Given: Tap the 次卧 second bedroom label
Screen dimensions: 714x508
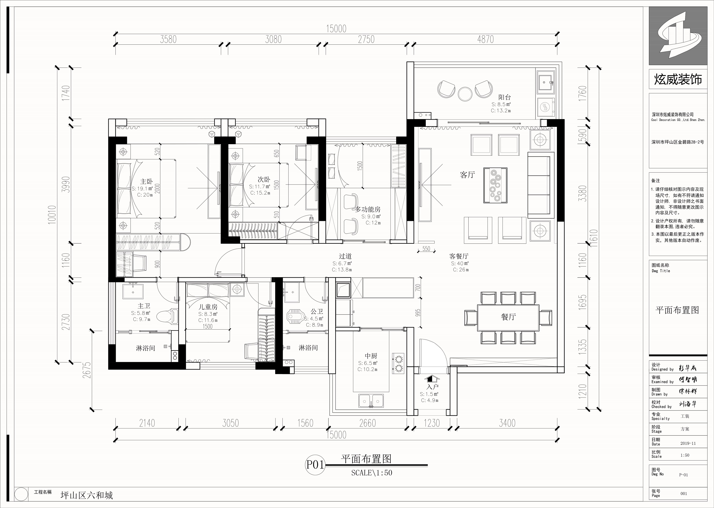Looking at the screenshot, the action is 264,179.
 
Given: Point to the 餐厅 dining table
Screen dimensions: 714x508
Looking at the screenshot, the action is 508,318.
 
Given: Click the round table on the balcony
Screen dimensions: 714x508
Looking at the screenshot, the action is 465,93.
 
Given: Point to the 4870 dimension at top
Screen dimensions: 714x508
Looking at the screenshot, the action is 485,39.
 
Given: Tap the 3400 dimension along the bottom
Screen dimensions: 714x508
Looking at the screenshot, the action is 507,423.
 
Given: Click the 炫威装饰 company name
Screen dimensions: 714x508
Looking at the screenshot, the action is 678,79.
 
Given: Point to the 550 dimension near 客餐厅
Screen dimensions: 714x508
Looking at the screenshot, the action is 426,249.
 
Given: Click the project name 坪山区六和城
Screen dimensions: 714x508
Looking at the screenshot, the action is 87,495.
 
